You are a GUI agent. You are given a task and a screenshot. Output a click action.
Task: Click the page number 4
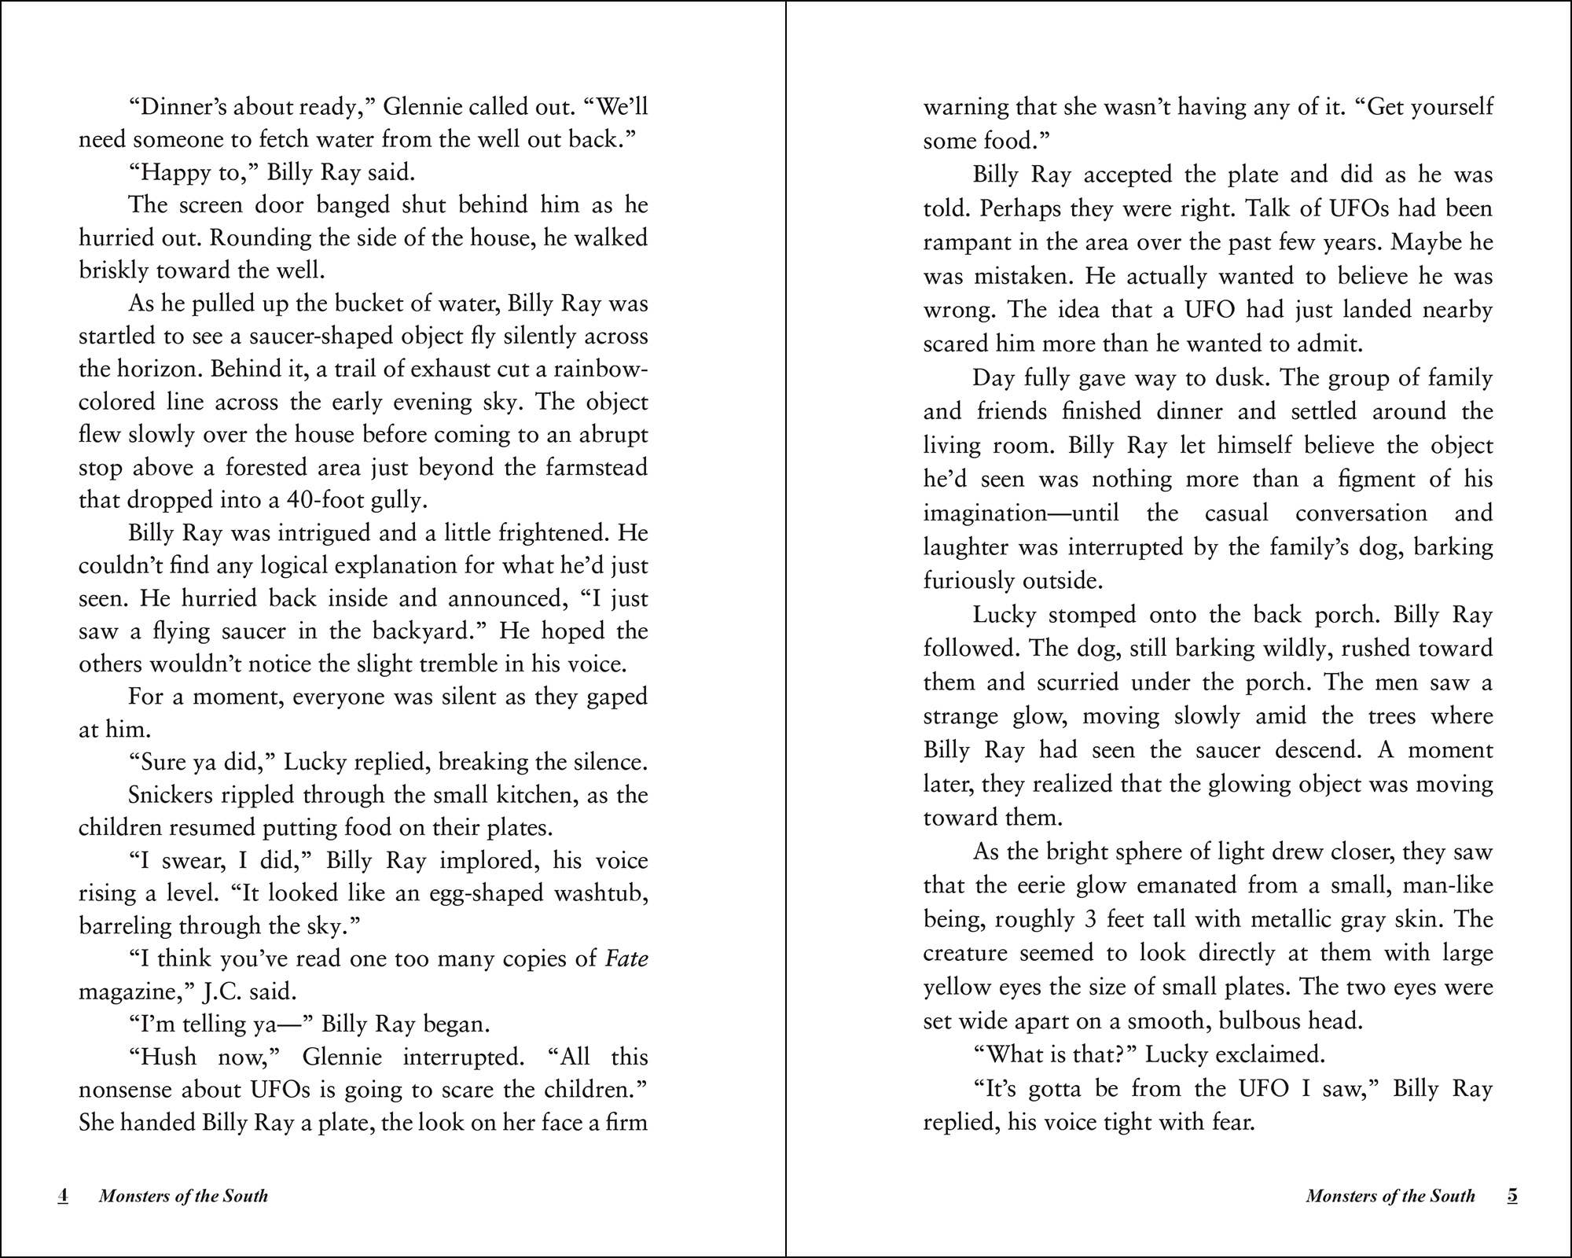click(x=63, y=1196)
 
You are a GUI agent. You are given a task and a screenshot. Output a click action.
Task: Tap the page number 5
click(x=1512, y=1196)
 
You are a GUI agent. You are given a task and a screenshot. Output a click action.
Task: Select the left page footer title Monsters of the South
click(x=183, y=1196)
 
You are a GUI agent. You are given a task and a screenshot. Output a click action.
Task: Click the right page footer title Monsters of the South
click(x=1390, y=1196)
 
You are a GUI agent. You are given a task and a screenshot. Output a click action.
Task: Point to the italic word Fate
click(x=626, y=958)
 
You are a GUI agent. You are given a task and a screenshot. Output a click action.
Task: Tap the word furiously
click(x=968, y=581)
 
